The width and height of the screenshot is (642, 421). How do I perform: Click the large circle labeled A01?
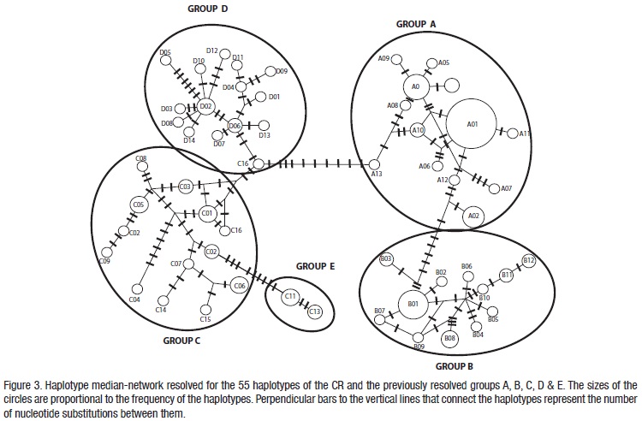click(x=472, y=125)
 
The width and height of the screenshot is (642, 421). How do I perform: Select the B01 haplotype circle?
click(x=413, y=303)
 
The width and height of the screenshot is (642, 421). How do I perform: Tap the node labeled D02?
click(x=205, y=107)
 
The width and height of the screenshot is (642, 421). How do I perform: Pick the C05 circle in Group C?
click(x=139, y=205)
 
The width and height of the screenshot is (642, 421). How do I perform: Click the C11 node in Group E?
click(x=291, y=296)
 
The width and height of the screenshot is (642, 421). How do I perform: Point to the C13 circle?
click(x=315, y=313)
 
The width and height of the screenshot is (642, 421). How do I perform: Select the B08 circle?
click(x=450, y=340)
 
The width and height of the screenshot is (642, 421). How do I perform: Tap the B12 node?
click(x=528, y=261)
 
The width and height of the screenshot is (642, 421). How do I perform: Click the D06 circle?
click(x=235, y=126)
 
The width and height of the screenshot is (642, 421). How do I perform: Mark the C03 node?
click(x=185, y=186)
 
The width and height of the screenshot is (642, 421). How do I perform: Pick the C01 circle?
click(x=206, y=212)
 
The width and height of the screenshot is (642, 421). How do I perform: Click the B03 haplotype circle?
click(x=386, y=259)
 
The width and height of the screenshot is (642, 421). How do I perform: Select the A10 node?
click(x=418, y=130)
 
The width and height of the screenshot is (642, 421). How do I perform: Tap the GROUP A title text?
click(x=423, y=26)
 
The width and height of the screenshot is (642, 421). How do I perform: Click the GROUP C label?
click(x=181, y=340)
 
